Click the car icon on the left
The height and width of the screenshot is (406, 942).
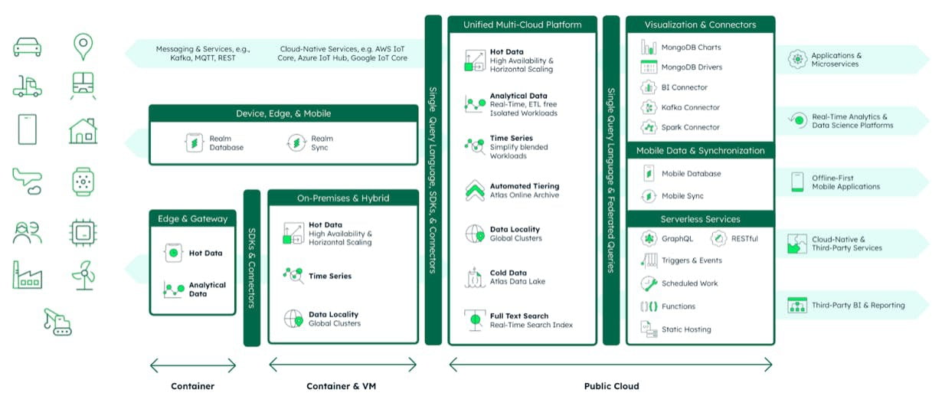pos(28,47)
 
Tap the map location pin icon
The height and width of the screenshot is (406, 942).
pos(83,46)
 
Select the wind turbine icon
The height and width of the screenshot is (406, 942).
pos(83,275)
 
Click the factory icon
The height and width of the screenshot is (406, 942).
pos(28,275)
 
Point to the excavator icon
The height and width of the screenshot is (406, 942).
pos(57,322)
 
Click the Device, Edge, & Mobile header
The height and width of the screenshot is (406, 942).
pos(283,113)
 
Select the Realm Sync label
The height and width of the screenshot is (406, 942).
pos(322,143)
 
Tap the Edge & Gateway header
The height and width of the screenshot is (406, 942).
pos(192,219)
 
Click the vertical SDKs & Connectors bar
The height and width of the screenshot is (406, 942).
pos(252,268)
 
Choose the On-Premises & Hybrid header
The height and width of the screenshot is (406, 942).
pos(343,198)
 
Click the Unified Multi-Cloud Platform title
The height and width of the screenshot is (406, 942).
pos(522,25)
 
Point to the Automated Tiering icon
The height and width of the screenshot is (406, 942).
pos(475,190)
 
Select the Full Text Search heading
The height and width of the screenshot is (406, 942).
pos(519,316)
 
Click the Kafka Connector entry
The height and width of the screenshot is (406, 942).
pos(691,107)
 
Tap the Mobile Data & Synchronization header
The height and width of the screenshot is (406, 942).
pos(700,151)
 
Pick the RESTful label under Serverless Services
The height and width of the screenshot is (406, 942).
pos(744,238)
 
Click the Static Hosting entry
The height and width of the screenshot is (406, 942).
pos(686,329)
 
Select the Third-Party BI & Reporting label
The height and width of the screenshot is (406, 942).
pos(859,305)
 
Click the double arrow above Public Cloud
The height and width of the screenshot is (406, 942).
pos(610,365)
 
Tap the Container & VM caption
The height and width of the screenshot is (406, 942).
pos(341,386)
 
